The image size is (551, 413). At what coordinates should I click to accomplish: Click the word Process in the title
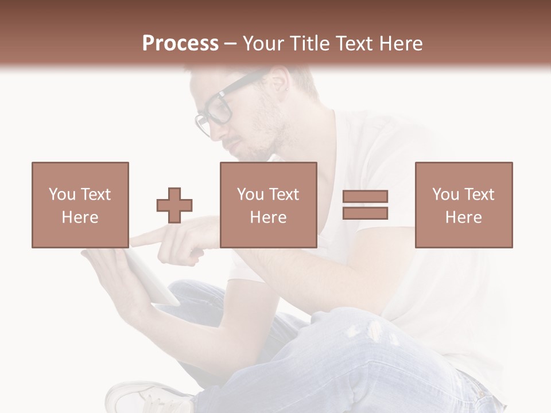point(180,44)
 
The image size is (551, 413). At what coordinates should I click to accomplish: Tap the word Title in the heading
point(310,44)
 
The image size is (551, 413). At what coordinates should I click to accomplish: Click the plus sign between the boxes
point(174,205)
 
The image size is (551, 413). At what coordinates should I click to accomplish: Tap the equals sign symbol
point(365,205)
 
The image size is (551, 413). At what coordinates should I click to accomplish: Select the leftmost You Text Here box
point(80,205)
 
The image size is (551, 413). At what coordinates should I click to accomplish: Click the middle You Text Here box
point(269,205)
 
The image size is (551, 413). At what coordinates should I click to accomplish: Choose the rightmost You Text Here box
point(464,205)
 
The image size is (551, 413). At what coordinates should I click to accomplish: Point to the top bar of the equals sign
point(365,197)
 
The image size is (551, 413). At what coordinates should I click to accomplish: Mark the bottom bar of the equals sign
point(365,213)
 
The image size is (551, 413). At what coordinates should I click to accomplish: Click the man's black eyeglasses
point(218,109)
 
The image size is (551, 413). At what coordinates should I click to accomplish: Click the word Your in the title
point(263,44)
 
